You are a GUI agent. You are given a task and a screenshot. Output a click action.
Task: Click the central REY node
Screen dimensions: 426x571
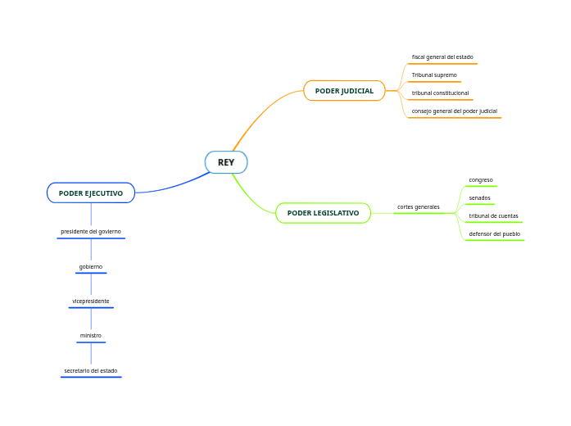(226, 162)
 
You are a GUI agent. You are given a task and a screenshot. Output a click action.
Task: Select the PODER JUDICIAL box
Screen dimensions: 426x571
(344, 91)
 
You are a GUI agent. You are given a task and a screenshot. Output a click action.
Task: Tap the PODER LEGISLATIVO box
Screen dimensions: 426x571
(323, 213)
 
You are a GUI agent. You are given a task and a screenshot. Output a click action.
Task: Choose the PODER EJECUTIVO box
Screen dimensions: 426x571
(91, 193)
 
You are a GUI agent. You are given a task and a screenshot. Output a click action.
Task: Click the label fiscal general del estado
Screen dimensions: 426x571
(442, 57)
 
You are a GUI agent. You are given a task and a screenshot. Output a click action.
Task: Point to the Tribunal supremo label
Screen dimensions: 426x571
(434, 75)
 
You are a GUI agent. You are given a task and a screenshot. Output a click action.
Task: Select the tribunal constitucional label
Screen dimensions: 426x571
(440, 93)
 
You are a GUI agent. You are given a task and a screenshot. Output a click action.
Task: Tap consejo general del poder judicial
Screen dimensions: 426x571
(454, 111)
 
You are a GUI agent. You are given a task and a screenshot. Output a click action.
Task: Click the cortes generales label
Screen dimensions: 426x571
(418, 206)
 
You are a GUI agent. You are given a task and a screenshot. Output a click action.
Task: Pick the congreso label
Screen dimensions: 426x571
(480, 180)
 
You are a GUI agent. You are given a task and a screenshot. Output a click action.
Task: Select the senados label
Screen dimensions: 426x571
(479, 198)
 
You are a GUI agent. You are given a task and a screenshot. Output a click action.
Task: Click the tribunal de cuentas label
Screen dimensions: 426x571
(493, 216)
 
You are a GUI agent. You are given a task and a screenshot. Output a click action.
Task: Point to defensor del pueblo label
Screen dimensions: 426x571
(494, 234)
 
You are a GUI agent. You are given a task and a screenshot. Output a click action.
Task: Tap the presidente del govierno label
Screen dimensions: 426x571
(91, 232)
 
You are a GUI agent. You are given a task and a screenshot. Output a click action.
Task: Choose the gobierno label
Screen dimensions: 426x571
(91, 267)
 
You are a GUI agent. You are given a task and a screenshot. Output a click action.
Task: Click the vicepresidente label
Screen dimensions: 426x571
(91, 301)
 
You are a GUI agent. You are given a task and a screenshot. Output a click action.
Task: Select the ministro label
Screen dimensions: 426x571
(91, 336)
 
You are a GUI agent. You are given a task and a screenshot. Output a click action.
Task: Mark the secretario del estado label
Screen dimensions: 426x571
(91, 371)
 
